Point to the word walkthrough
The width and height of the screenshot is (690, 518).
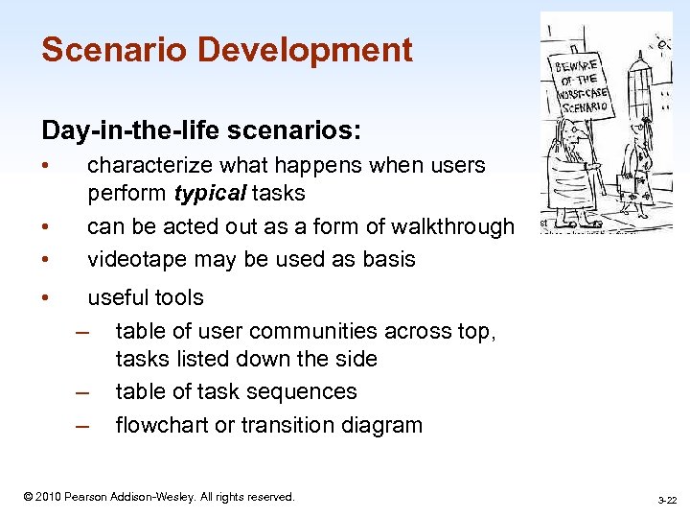[450, 226]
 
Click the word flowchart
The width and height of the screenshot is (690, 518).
[160, 425]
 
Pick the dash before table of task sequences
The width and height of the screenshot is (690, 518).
[83, 392]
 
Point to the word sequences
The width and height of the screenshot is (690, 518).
[310, 391]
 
